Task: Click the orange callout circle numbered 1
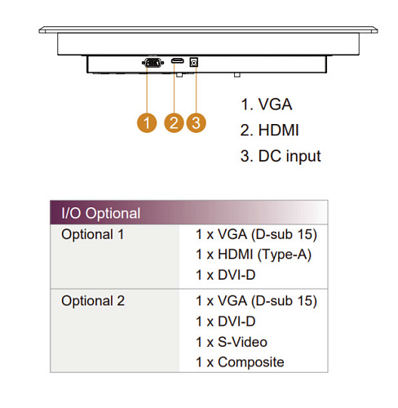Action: (147, 122)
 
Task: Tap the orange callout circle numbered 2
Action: (174, 122)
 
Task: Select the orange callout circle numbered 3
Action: (196, 122)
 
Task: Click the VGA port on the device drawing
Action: (153, 63)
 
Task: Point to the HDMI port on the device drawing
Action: (177, 61)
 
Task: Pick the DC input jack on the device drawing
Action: (193, 63)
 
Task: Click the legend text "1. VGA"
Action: (267, 104)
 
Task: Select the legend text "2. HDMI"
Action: (269, 130)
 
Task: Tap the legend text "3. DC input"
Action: (281, 156)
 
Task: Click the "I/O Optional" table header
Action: (101, 213)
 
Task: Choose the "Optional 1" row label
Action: (93, 234)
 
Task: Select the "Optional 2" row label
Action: (93, 301)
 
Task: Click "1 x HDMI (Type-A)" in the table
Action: (254, 255)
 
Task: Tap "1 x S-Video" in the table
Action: (232, 342)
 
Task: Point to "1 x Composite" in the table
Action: (240, 362)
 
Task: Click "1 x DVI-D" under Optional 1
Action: (226, 275)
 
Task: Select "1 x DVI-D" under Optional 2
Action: (226, 322)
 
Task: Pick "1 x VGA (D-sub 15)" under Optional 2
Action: (257, 301)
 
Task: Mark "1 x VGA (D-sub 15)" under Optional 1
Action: (257, 234)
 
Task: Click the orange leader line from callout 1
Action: (147, 90)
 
